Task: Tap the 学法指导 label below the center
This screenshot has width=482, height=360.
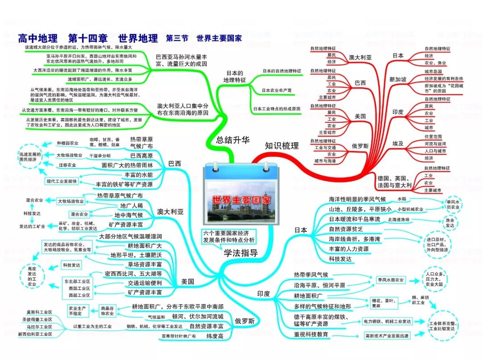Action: [241, 253]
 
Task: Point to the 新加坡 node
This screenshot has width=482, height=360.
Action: [398, 79]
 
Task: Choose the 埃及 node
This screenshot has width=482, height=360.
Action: [398, 143]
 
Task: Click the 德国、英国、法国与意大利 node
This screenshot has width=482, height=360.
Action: [395, 181]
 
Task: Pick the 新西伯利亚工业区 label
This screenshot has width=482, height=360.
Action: [35, 334]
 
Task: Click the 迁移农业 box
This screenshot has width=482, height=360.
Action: [67, 165]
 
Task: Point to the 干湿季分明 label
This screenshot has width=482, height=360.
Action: [100, 156]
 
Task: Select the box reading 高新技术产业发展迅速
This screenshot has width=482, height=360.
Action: [387, 336]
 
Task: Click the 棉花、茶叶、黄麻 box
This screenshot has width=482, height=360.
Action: [382, 303]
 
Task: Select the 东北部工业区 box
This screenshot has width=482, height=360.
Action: [77, 282]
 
